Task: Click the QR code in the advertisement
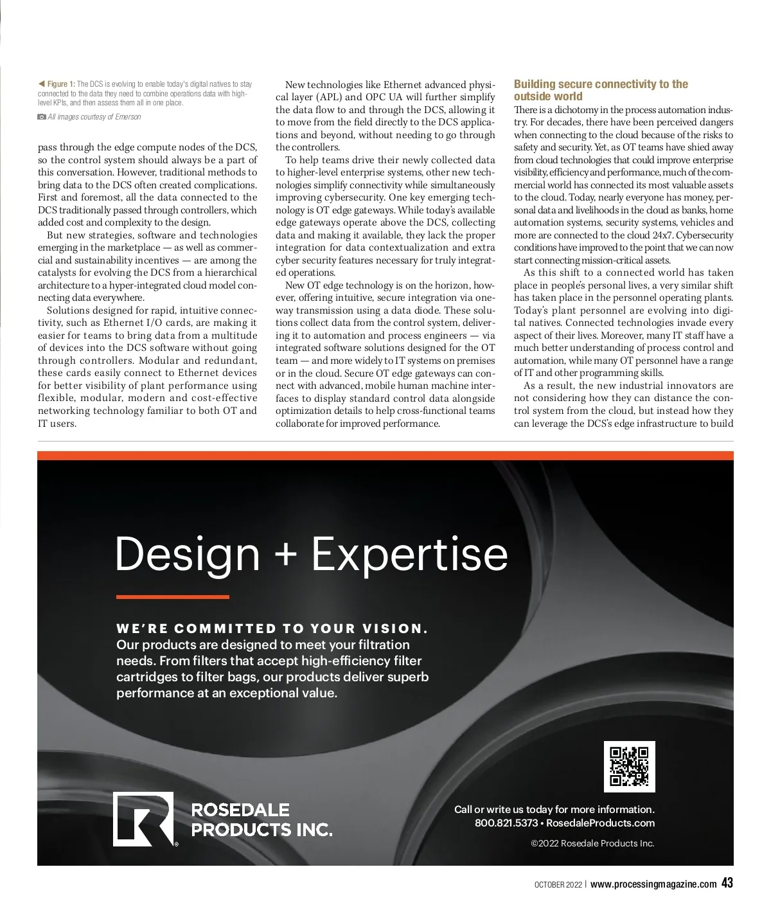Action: point(629,766)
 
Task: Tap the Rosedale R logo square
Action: point(143,819)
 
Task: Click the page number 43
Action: point(727,883)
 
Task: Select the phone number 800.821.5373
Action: point(506,823)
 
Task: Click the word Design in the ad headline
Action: point(187,554)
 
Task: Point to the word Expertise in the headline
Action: point(410,554)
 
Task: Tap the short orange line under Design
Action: point(172,597)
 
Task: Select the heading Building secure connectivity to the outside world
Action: point(600,90)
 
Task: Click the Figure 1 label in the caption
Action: point(61,84)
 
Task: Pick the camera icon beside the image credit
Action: point(42,117)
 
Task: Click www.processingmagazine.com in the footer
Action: point(653,884)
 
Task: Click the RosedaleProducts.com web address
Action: point(600,823)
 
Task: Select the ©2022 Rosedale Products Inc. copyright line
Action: point(592,843)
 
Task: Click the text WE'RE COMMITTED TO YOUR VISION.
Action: point(272,629)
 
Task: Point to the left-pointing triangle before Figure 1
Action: point(41,84)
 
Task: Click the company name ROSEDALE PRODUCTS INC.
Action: point(261,819)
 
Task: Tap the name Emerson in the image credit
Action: point(128,117)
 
